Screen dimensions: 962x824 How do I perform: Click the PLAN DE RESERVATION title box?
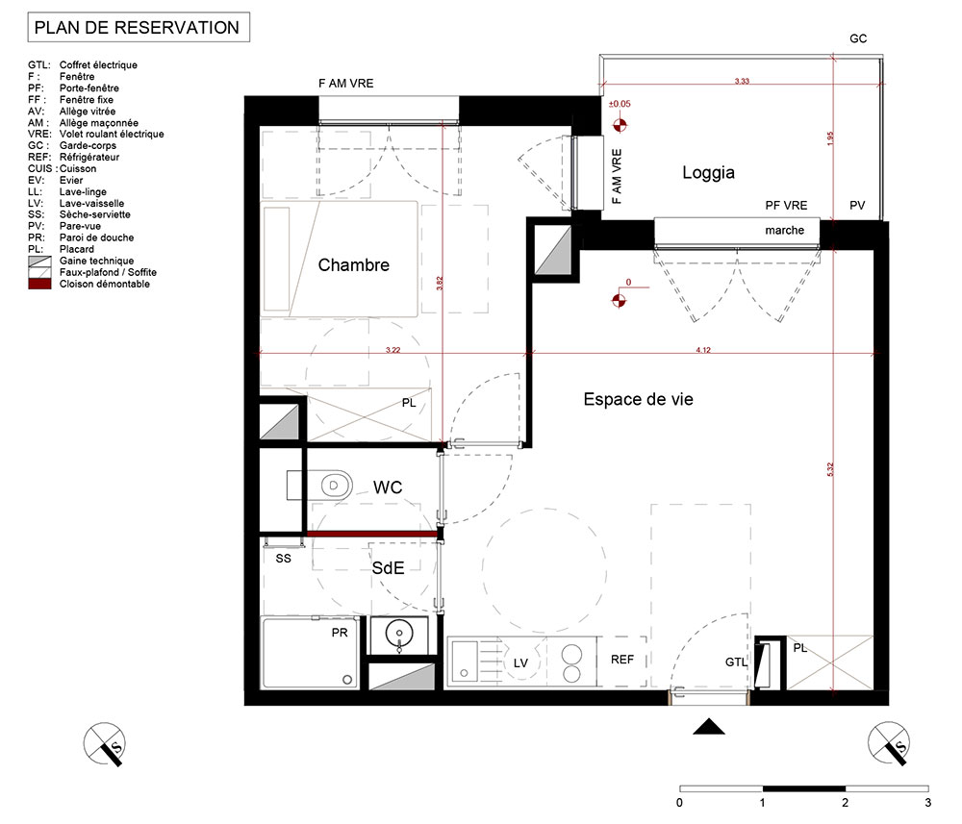[x=139, y=28]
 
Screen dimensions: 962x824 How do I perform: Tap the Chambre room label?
[x=353, y=264]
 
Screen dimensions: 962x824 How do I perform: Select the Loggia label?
[x=709, y=173]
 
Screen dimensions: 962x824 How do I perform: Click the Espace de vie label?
[x=638, y=399]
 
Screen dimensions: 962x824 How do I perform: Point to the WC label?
[x=388, y=487]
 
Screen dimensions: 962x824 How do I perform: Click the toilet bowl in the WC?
[x=336, y=486]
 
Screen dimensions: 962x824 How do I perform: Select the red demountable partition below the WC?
[x=372, y=535]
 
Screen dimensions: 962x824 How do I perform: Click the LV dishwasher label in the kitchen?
[x=520, y=662]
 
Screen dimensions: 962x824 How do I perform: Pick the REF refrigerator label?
[x=622, y=660]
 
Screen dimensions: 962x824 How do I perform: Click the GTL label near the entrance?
[x=736, y=662]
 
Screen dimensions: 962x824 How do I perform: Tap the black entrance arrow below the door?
[x=709, y=727]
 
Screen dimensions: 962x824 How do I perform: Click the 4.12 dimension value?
[x=703, y=350]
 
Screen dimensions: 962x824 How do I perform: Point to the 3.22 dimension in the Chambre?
[x=392, y=350]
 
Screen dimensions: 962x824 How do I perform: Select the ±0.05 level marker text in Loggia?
[x=620, y=104]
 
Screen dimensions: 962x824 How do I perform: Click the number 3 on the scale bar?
[x=927, y=803]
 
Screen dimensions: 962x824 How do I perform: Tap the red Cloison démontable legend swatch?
[x=39, y=284]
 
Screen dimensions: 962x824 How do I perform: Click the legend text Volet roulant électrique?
[x=112, y=135]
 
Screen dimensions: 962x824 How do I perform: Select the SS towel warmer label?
[x=284, y=559]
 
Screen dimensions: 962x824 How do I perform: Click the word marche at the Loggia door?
[x=785, y=231]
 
